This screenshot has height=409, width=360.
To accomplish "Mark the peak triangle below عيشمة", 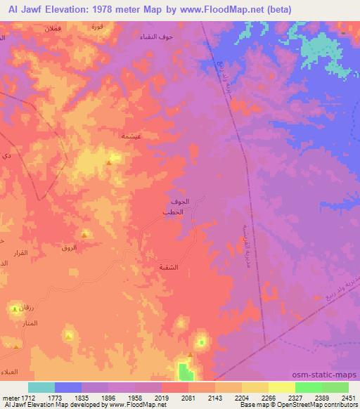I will (109, 163).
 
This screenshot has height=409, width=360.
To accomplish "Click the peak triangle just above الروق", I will (84, 235).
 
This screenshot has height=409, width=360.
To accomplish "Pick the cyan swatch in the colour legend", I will (41, 387).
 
